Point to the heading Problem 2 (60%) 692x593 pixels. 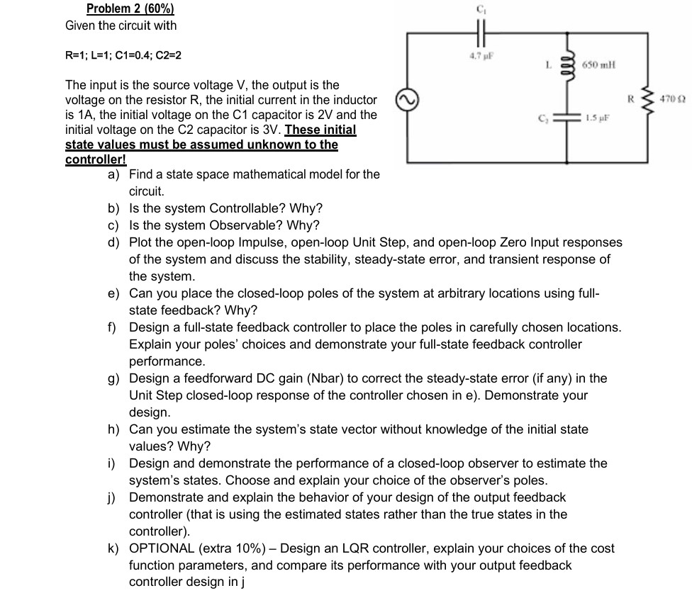pyautogui.click(x=130, y=9)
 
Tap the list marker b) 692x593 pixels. pyautogui.click(x=114, y=208)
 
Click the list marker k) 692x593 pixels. pyautogui.click(x=114, y=548)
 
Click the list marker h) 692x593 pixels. pyautogui.click(x=114, y=429)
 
